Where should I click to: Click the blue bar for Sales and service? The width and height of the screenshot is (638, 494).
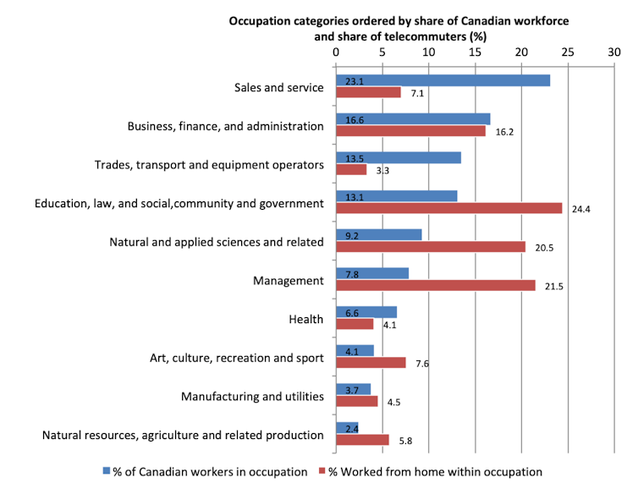[x=443, y=80]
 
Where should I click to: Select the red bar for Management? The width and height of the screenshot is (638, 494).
[x=435, y=286]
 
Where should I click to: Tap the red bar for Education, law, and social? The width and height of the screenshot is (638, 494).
[x=448, y=208]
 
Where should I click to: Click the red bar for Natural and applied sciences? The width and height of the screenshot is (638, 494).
[x=430, y=247]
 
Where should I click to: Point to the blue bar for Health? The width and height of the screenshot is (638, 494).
[x=366, y=312]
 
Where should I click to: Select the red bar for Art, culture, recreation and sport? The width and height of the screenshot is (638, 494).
[x=371, y=363]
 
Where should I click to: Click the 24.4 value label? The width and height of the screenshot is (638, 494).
[x=580, y=209]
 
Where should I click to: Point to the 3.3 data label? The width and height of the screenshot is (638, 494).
[x=382, y=170]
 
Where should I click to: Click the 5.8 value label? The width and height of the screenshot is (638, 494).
[x=405, y=441]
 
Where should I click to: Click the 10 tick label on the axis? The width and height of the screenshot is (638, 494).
[x=428, y=52]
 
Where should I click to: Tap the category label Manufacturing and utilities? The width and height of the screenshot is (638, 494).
[x=253, y=396]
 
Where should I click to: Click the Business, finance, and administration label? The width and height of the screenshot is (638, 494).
[x=225, y=126]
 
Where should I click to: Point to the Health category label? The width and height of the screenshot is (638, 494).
[x=306, y=319]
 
